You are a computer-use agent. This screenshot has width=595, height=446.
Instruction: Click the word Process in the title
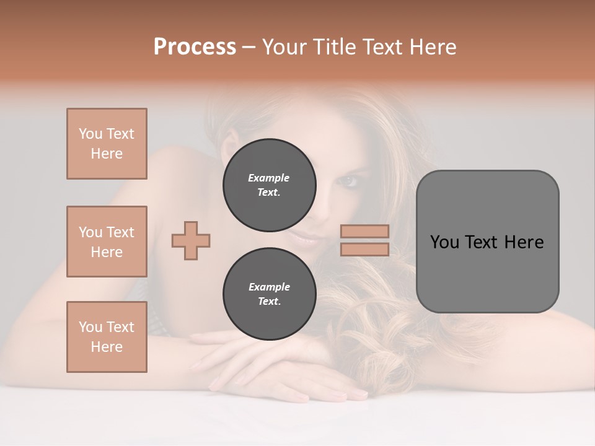pos(195,47)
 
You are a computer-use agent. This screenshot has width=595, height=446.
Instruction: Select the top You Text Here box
pos(107,144)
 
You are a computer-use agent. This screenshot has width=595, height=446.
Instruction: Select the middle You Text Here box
pos(107,242)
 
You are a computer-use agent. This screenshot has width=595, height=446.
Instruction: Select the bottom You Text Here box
pos(107,337)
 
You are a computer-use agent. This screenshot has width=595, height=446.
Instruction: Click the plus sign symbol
pos(191,240)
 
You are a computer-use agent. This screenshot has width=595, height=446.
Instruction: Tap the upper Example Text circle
pos(269,185)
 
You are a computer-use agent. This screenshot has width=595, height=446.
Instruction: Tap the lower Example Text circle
pos(269,294)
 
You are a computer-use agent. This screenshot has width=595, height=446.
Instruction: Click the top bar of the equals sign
pos(364,232)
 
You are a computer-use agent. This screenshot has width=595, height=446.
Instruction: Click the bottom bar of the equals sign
pos(364,250)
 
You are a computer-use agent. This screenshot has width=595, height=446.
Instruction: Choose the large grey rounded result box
pos(487,242)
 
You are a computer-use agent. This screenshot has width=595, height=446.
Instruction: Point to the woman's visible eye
pos(350,181)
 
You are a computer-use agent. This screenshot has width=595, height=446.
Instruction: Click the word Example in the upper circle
pos(269,178)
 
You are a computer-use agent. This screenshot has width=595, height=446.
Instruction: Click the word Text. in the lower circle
pos(269,302)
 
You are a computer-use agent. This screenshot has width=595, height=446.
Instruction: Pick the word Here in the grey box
pos(524,242)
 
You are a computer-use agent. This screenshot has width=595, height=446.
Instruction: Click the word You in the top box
pos(90,134)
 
